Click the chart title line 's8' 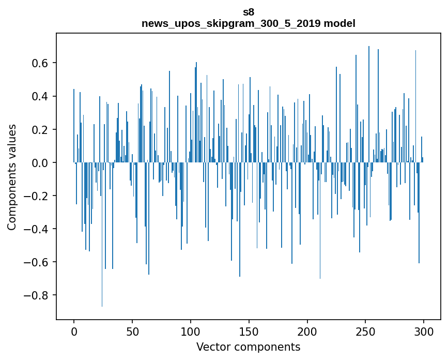pyautogui.click(x=249, y=12)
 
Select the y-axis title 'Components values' pyautogui.click(x=12, y=177)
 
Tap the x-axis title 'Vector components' pyautogui.click(x=248, y=347)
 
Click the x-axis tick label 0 pyautogui.click(x=74, y=331)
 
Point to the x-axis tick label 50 pyautogui.click(x=132, y=331)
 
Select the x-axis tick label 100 pyautogui.click(x=191, y=331)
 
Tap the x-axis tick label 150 pyautogui.click(x=249, y=331)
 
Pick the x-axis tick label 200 pyautogui.click(x=307, y=331)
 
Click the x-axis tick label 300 pyautogui.click(x=424, y=331)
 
